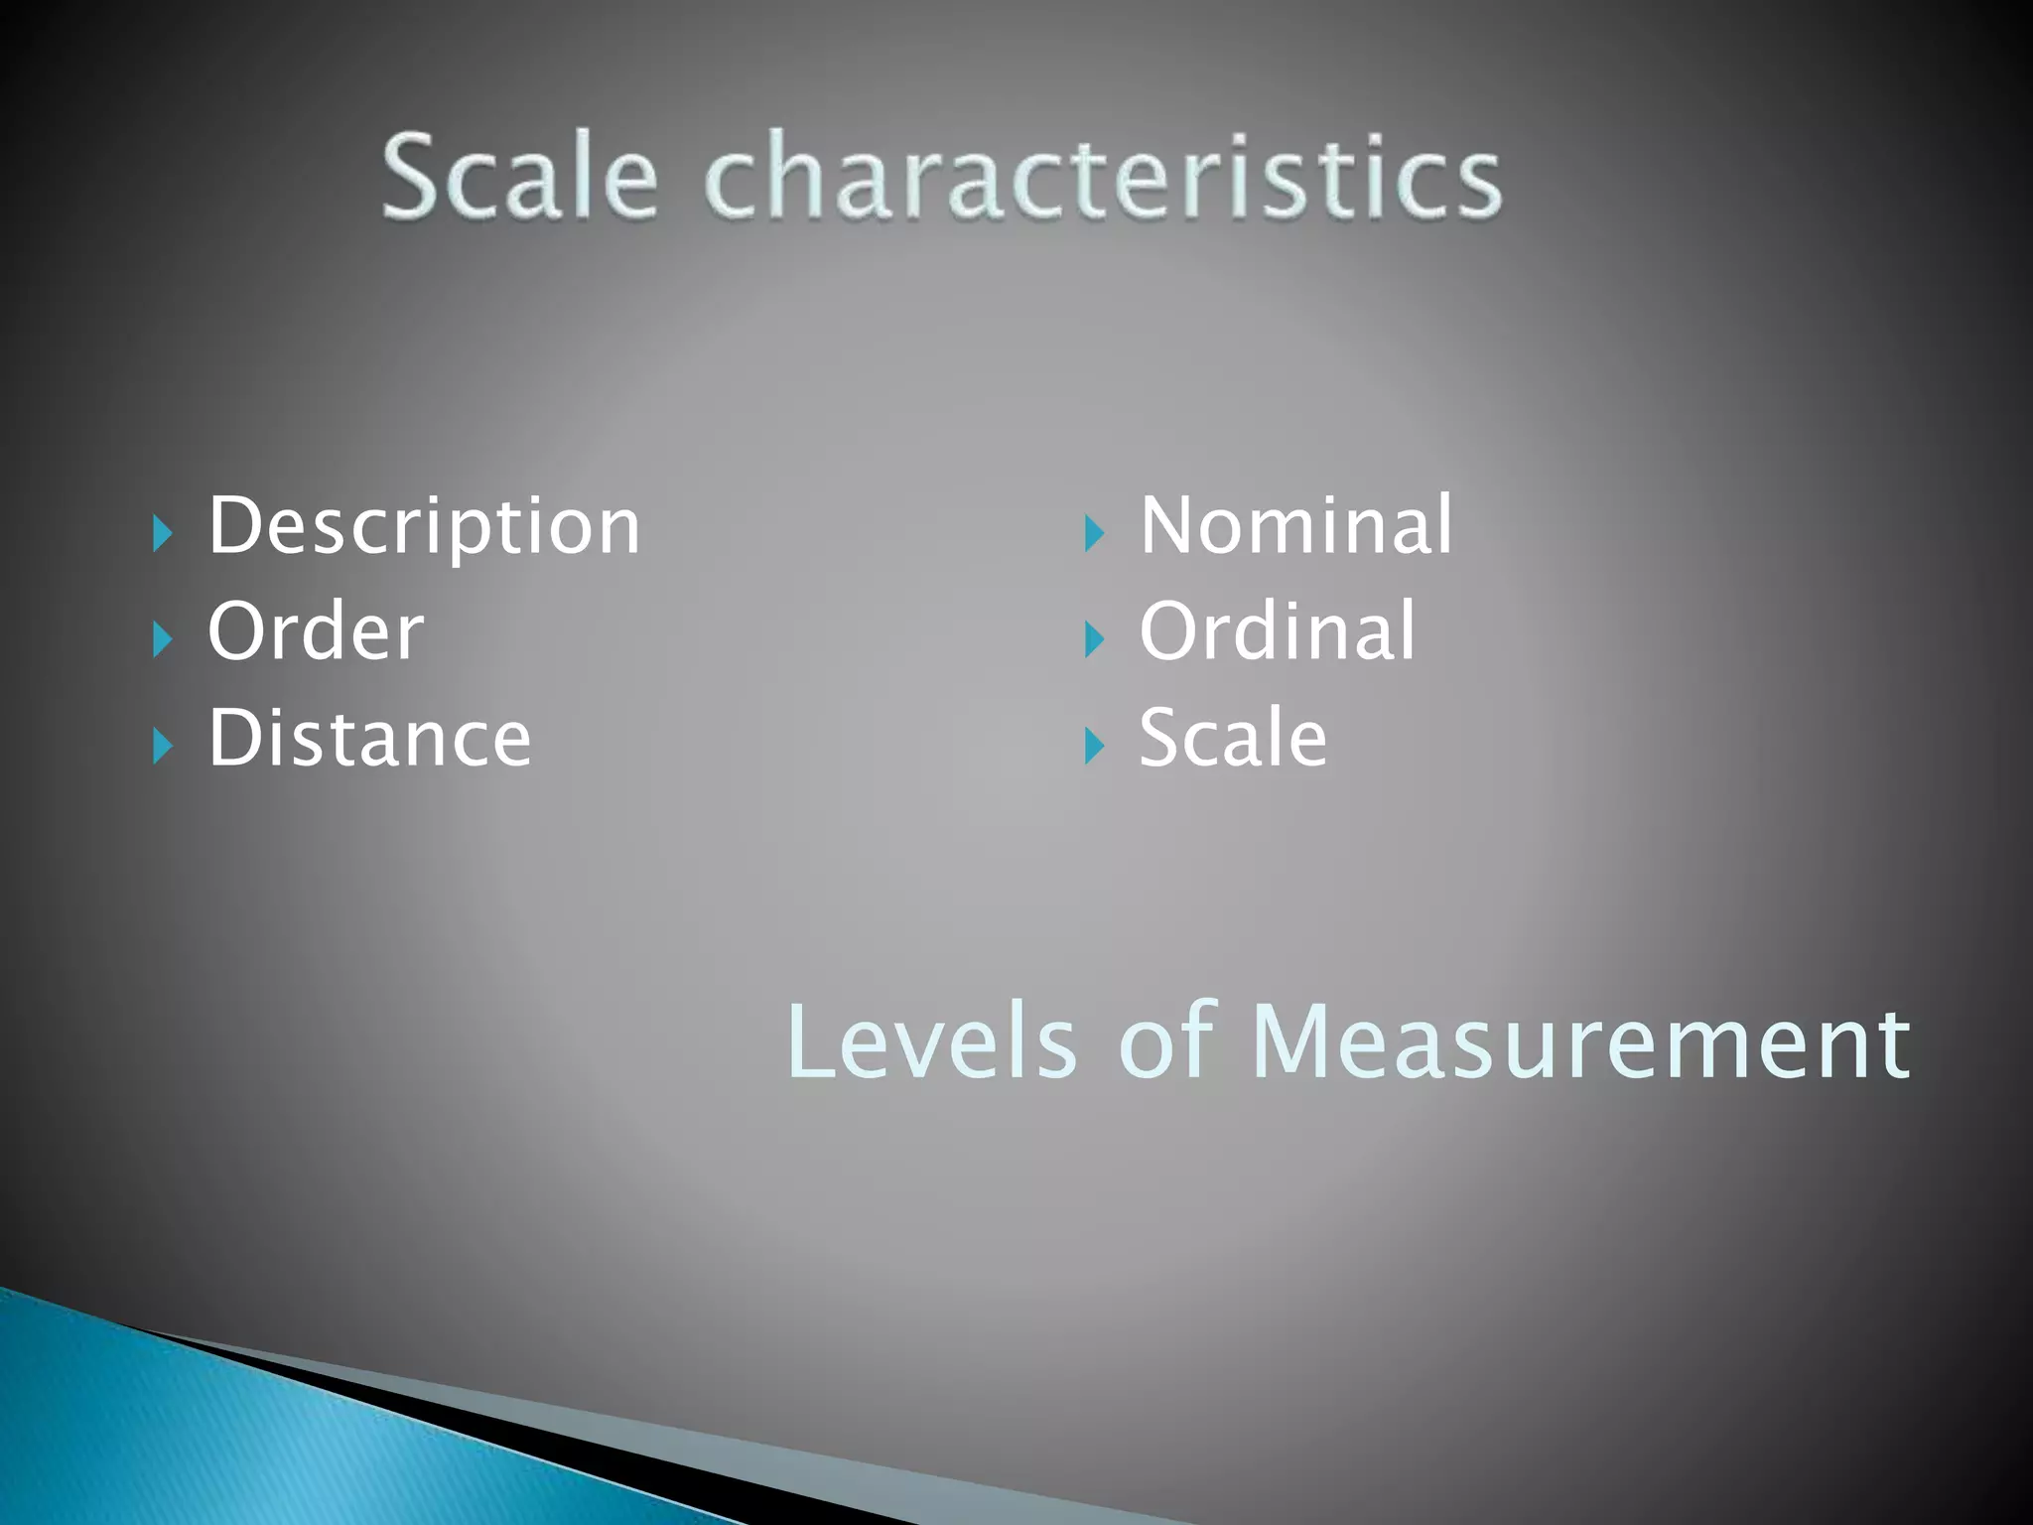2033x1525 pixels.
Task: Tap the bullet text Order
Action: [316, 631]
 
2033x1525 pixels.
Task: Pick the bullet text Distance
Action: [369, 739]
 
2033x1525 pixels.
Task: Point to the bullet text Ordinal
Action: [1278, 631]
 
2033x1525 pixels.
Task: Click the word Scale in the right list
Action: [1233, 739]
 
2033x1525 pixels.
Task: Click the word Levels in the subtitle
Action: [931, 1042]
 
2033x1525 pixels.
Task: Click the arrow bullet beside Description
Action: [164, 534]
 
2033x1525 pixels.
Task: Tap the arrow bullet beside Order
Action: [164, 640]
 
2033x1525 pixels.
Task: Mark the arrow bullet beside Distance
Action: [164, 747]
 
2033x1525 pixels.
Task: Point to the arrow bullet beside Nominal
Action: [1094, 534]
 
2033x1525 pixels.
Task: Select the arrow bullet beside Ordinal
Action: [1094, 640]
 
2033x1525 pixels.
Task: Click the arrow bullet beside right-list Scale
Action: [1094, 747]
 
